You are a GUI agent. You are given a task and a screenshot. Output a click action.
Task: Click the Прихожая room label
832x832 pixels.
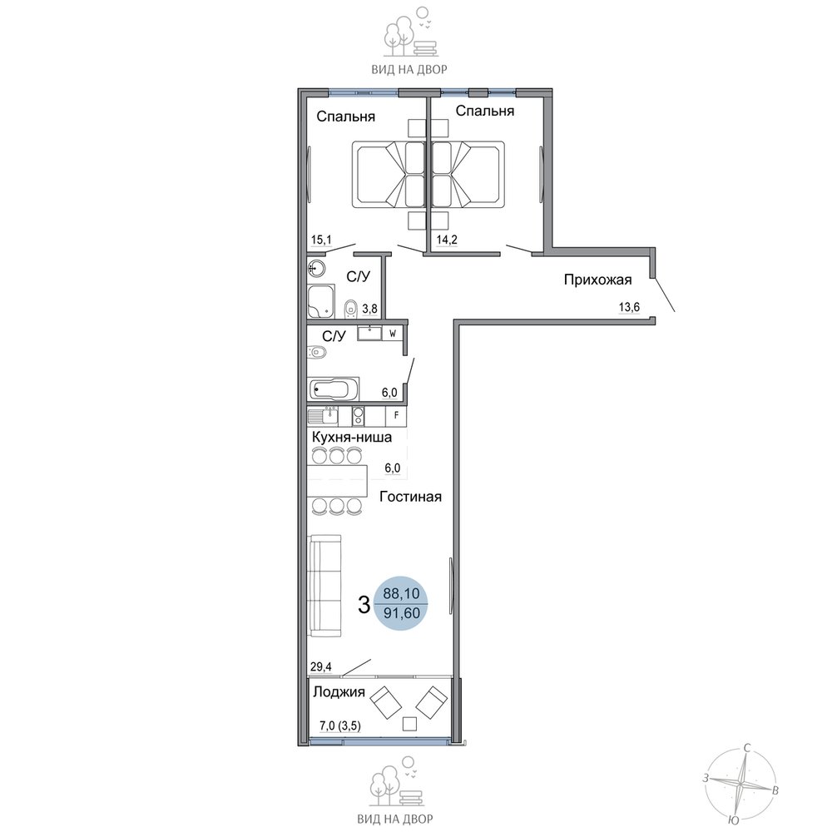point(597,280)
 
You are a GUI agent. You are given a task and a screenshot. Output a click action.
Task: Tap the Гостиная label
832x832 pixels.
point(411,497)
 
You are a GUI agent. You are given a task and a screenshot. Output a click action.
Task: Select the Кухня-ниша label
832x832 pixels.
point(352,438)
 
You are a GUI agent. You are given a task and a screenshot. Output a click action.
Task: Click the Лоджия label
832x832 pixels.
point(339,692)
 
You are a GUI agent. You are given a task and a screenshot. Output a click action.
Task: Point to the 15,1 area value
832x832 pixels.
point(321,240)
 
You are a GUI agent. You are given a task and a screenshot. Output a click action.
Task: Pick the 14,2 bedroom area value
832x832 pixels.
point(447,240)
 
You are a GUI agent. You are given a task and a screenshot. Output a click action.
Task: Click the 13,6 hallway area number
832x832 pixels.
point(629,307)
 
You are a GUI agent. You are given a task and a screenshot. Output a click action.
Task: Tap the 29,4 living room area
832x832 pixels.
point(321,666)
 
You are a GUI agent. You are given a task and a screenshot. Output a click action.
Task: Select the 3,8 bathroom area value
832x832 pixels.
point(369,309)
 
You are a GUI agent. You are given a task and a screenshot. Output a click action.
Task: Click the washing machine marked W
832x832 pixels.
point(393,334)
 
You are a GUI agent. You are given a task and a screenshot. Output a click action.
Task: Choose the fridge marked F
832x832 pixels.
point(396,415)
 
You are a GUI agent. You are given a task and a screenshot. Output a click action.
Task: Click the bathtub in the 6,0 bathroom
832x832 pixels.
point(334,389)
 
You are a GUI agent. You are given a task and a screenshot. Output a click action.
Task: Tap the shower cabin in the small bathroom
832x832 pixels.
point(321,301)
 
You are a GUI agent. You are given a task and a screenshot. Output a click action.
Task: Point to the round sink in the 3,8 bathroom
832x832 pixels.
point(317,269)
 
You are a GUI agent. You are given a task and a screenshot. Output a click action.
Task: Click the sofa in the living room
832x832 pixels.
point(324,586)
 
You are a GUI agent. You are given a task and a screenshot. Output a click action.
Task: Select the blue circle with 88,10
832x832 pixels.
point(401,603)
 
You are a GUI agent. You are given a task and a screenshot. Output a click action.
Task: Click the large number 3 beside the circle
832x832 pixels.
point(364,604)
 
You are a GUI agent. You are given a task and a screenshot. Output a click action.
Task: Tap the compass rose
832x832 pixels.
point(739,784)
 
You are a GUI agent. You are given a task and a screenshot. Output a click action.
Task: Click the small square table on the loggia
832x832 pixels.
point(409,724)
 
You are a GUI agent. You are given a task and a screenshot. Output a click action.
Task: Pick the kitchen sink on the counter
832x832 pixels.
point(323,415)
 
